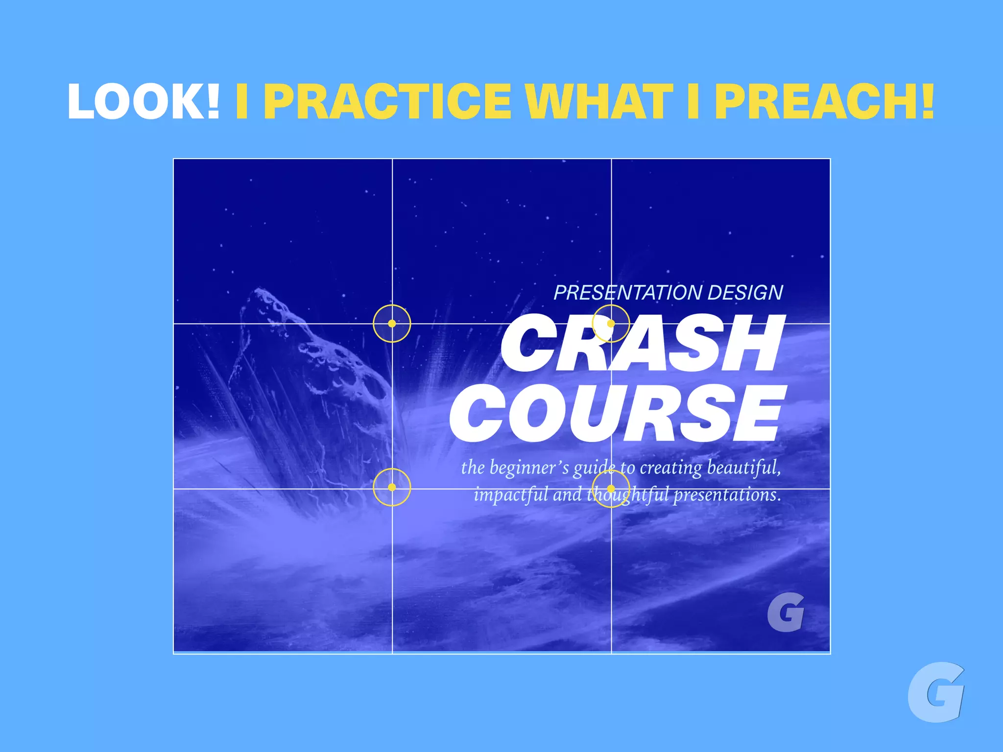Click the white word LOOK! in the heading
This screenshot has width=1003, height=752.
[x=143, y=101]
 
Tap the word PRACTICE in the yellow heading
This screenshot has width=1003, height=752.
[x=390, y=101]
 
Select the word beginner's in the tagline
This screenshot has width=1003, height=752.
[x=529, y=468]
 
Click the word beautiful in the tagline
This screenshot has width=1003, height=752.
[x=743, y=468]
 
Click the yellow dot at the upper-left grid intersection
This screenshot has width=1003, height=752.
[x=392, y=324]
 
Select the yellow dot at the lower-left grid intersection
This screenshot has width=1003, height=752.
[x=392, y=487]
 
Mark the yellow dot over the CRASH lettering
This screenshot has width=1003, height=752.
[x=611, y=324]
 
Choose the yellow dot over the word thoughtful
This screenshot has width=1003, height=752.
[x=611, y=488]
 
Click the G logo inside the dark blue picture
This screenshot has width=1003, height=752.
[x=786, y=612]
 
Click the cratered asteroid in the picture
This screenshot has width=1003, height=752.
[x=313, y=372]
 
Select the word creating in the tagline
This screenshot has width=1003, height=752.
[x=670, y=468]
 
